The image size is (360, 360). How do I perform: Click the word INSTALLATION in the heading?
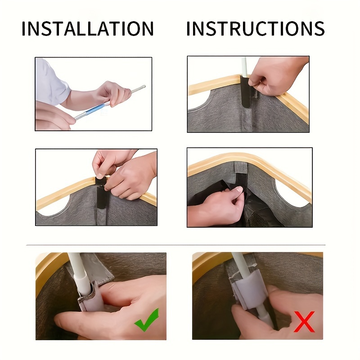(87, 28)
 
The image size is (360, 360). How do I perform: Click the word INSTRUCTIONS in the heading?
(256, 28)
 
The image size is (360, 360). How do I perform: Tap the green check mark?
(147, 319)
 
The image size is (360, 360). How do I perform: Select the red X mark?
(305, 322)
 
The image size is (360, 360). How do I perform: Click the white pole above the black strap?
(244, 67)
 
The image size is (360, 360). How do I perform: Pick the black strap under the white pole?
(245, 92)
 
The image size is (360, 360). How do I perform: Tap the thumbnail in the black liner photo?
(239, 189)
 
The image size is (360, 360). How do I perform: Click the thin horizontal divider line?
(176, 245)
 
